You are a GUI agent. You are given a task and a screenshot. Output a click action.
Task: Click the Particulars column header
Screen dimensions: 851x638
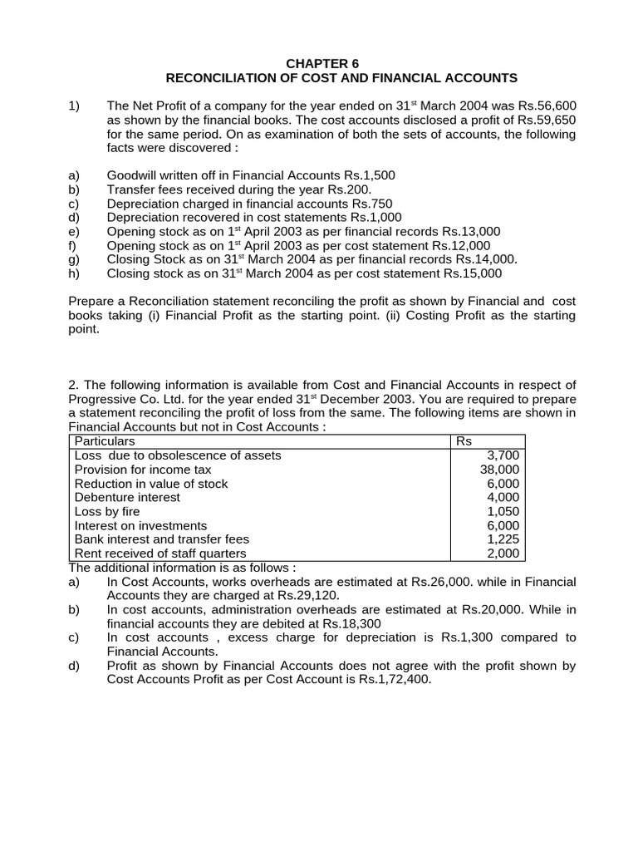pyautogui.click(x=105, y=441)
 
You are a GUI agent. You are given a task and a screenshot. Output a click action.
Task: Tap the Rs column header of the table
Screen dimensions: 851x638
pyautogui.click(x=464, y=441)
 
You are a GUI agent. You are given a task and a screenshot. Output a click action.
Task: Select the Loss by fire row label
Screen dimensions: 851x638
pyautogui.click(x=107, y=512)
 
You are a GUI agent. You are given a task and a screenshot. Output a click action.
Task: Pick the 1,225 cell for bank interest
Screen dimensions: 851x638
pyautogui.click(x=503, y=539)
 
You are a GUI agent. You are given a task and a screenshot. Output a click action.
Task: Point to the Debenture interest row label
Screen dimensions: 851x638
pyautogui.click(x=127, y=498)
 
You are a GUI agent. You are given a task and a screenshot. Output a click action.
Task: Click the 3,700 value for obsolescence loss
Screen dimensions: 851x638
pyautogui.click(x=503, y=455)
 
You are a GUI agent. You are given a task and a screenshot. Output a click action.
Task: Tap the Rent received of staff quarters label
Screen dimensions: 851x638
pyautogui.click(x=160, y=553)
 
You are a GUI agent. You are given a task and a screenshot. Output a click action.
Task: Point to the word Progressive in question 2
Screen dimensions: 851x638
pyautogui.click(x=103, y=399)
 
